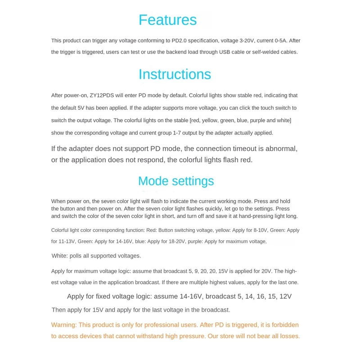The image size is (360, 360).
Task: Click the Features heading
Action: (x=167, y=20)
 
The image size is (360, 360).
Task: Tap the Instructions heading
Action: (x=175, y=74)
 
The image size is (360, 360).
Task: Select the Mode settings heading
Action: (x=176, y=181)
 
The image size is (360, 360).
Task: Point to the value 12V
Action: (x=285, y=297)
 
